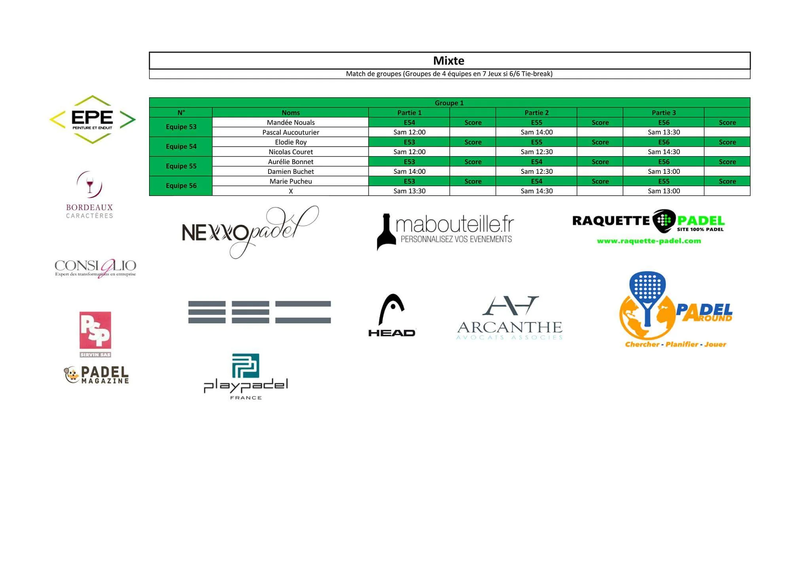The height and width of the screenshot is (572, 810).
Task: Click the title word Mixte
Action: pos(449,60)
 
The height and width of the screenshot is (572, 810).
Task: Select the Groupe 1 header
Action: pos(449,103)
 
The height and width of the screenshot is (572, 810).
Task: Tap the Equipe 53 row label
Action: pos(181,127)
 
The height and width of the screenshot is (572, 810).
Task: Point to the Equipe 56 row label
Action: pos(181,186)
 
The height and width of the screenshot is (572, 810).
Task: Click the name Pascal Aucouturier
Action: pos(291,132)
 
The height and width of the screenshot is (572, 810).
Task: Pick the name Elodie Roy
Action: pos(291,142)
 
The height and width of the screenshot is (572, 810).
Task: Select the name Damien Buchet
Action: pos(291,172)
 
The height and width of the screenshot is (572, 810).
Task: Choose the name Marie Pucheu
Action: pos(291,181)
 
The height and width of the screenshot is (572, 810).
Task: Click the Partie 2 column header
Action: pos(536,113)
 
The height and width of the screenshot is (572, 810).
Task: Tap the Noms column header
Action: pos(291,113)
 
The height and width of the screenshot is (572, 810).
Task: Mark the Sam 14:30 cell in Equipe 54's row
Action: pos(664,152)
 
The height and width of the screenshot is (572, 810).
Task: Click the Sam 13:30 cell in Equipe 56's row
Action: pos(409,191)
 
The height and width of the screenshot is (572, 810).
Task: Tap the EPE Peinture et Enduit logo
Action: pos(93,119)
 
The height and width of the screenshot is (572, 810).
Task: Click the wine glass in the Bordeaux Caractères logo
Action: pos(90,184)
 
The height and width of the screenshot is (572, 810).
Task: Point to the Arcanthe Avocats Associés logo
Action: pos(509,318)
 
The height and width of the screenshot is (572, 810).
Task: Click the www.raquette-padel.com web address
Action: pos(649,241)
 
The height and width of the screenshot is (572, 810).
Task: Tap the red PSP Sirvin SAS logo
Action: pos(95,334)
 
